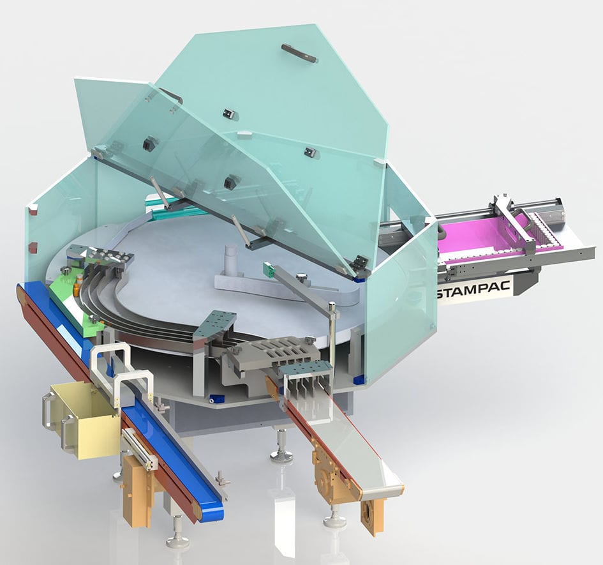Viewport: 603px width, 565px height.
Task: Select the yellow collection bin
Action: tap(87, 420)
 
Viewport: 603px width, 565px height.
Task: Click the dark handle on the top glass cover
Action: tap(299, 53)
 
